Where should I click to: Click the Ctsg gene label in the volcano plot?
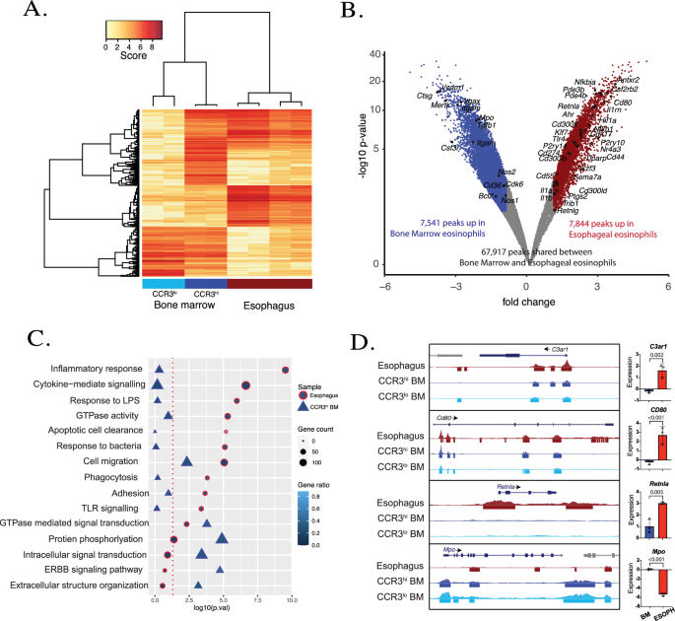point(425,97)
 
